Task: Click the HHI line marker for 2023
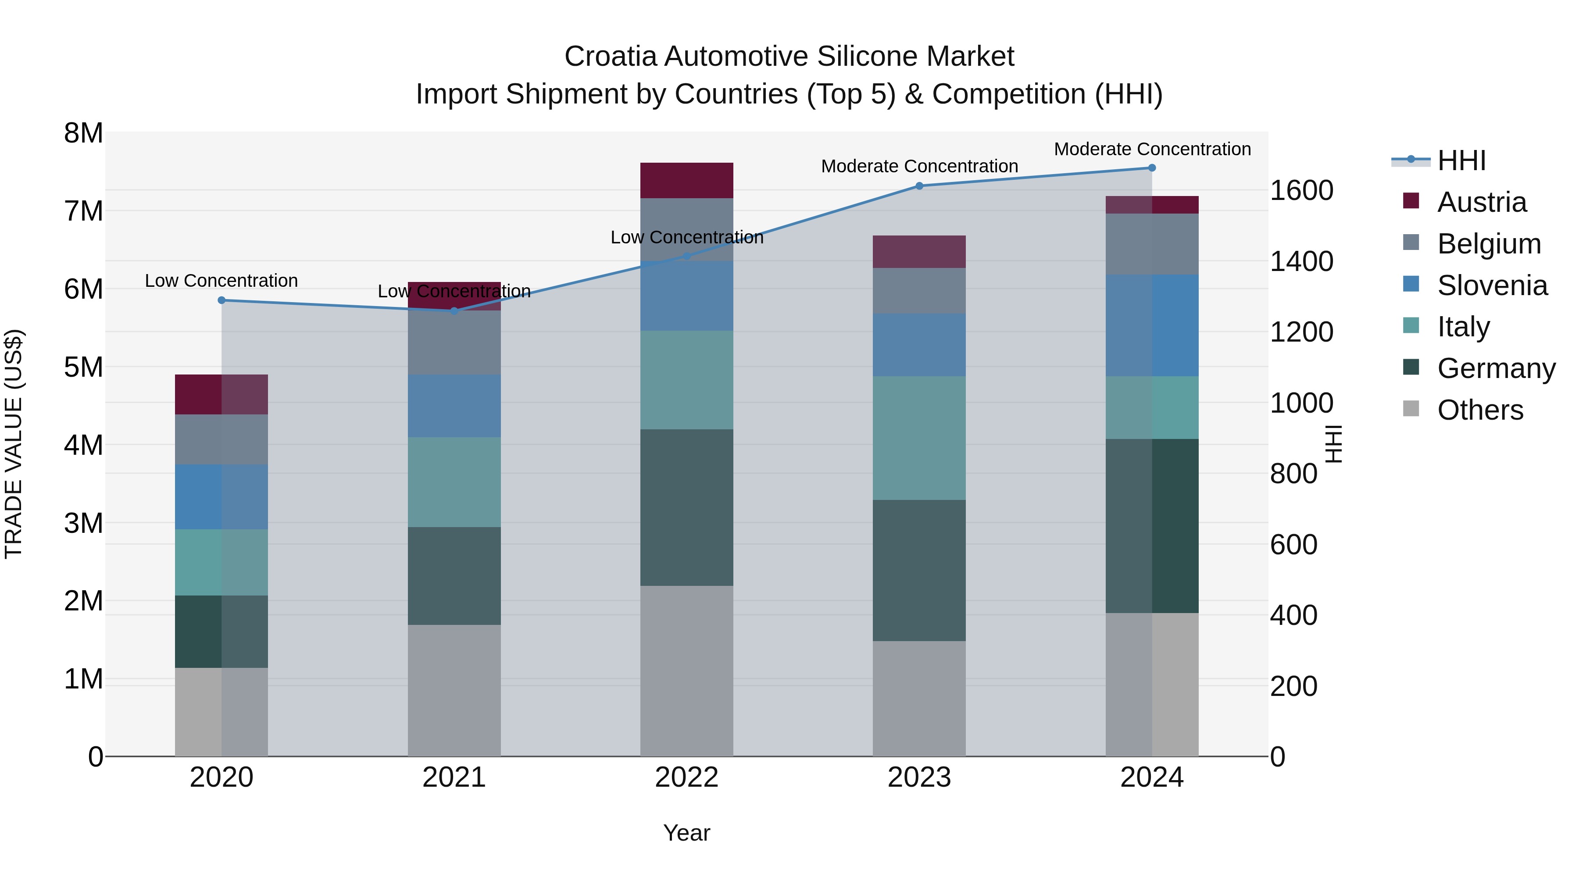[919, 185]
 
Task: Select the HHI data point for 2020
[222, 300]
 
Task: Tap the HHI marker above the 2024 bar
[1152, 168]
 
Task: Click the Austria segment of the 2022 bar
[686, 180]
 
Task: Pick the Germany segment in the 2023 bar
[919, 570]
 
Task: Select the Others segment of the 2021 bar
[454, 690]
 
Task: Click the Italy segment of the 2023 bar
[919, 438]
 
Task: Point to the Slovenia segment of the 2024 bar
[1152, 325]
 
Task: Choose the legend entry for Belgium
[1488, 244]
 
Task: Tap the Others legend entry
[1480, 410]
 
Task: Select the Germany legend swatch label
[1496, 368]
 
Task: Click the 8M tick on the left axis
[84, 133]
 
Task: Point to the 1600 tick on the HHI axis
[1301, 191]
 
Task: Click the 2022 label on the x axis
[686, 777]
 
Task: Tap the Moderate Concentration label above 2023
[919, 166]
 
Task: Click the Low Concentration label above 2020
[221, 281]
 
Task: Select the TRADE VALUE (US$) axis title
[14, 444]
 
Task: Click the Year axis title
[686, 833]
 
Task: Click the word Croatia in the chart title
[611, 57]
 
